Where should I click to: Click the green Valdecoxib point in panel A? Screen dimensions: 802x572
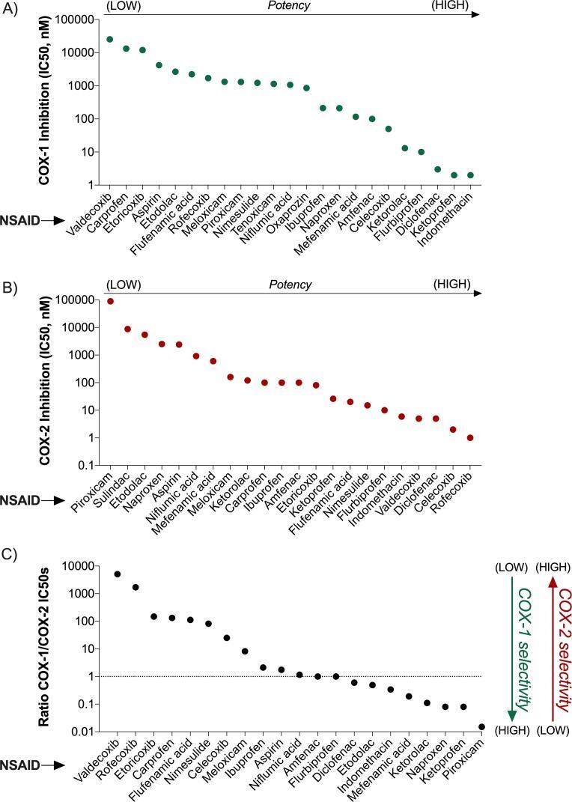click(110, 39)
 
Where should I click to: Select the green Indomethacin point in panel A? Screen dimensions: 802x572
click(470, 175)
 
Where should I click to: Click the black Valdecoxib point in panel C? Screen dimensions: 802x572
click(118, 574)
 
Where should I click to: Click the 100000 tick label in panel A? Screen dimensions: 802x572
click(77, 19)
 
